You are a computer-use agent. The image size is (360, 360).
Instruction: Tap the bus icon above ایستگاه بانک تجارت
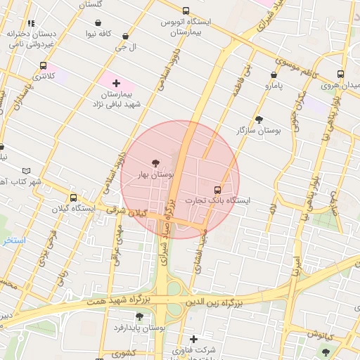(217, 189)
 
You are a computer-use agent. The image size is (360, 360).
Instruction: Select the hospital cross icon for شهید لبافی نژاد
(116, 83)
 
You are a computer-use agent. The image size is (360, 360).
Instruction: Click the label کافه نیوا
(100, 33)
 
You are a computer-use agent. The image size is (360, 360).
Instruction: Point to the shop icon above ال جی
(125, 36)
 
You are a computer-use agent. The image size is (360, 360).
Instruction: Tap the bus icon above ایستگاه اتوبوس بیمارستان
(185, 11)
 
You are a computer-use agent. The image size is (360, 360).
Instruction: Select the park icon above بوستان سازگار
(259, 120)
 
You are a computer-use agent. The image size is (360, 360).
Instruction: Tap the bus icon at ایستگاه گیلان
(73, 198)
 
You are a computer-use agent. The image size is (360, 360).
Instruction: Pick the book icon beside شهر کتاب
(27, 171)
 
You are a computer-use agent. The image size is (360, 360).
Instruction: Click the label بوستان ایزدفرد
(142, 328)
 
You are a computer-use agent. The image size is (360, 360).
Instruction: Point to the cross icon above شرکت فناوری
(193, 339)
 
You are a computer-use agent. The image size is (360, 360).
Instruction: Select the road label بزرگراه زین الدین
(213, 303)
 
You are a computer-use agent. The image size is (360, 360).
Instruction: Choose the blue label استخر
(13, 240)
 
